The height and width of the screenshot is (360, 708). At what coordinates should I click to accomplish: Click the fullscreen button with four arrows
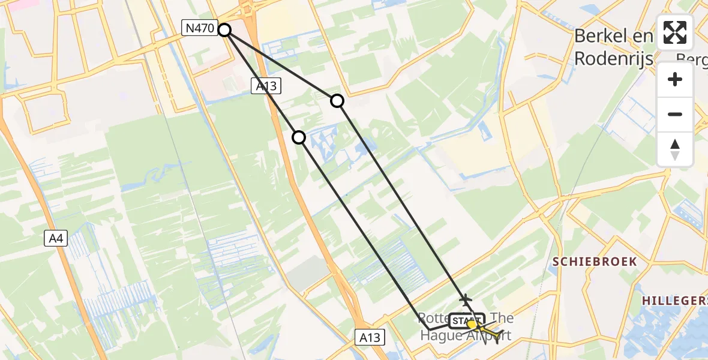[675, 32]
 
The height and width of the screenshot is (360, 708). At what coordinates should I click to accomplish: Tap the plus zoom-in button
[675, 79]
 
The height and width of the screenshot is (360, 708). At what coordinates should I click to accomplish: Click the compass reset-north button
[675, 149]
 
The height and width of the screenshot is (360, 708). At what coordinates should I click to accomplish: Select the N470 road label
[199, 28]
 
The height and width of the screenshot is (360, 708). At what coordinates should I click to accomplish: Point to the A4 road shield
[56, 239]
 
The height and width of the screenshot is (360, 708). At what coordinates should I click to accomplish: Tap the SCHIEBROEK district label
[595, 262]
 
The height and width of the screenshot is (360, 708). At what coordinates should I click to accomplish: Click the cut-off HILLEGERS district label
[674, 300]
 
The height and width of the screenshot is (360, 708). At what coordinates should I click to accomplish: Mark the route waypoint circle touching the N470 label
[224, 29]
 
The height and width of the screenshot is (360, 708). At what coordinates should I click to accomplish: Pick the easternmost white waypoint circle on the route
[337, 101]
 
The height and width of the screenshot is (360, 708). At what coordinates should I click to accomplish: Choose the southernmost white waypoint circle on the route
[299, 138]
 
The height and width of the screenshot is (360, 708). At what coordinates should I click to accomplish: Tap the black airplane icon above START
[465, 298]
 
